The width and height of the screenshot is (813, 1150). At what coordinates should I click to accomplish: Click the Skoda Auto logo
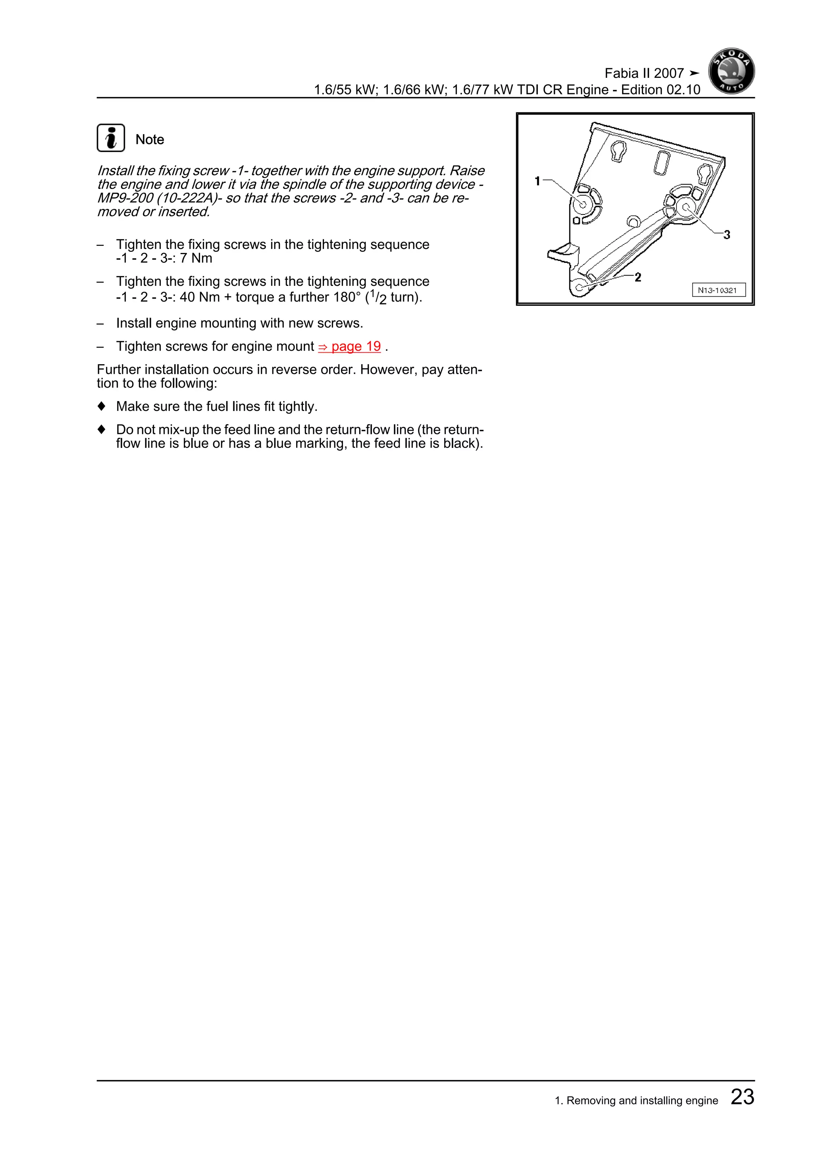731,71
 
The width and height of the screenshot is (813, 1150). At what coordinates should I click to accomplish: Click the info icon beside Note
111,138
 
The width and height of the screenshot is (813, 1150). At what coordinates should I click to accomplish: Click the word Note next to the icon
150,140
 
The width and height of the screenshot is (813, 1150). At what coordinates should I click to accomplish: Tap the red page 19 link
350,347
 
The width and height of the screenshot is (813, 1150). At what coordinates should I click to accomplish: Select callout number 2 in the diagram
638,277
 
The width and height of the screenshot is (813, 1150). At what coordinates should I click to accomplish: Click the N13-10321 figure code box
719,290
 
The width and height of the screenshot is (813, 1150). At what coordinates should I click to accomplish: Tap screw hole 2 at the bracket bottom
579,287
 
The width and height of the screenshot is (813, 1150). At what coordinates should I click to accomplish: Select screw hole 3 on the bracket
686,207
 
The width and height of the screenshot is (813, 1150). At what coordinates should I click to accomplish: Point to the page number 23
742,1096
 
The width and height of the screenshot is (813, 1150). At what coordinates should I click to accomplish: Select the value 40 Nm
199,297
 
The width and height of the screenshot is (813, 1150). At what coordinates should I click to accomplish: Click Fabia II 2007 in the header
644,73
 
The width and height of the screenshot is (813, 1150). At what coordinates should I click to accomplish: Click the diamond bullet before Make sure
102,406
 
